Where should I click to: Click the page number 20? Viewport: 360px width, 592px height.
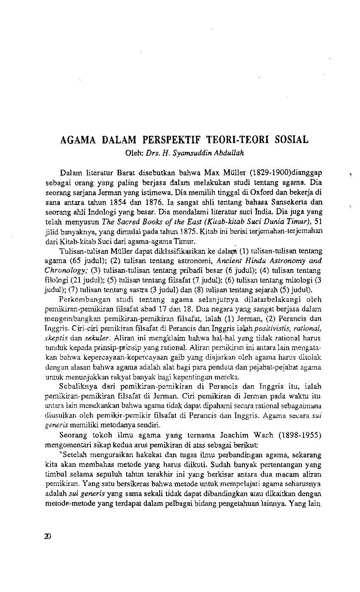tap(47, 536)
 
